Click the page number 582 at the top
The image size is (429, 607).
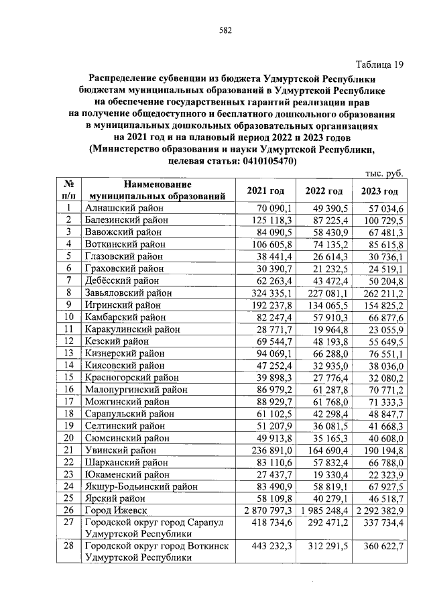pos(225,30)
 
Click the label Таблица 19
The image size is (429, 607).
pos(380,64)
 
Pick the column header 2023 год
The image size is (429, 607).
pos(379,191)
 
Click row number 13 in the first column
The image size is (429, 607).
pos(68,353)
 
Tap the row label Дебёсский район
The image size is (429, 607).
pos(121,280)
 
